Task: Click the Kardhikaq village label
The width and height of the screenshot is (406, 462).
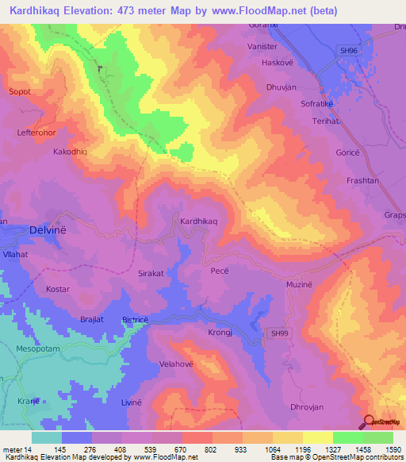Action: click(199, 221)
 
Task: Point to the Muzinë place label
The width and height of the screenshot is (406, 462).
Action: click(300, 283)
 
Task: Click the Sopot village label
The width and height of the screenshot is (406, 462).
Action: click(19, 92)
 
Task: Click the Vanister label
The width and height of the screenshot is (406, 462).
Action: click(262, 47)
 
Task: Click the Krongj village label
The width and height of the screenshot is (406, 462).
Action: click(219, 333)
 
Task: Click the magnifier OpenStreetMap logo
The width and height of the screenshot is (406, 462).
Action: click(368, 422)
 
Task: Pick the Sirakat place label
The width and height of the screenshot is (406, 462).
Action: click(151, 272)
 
